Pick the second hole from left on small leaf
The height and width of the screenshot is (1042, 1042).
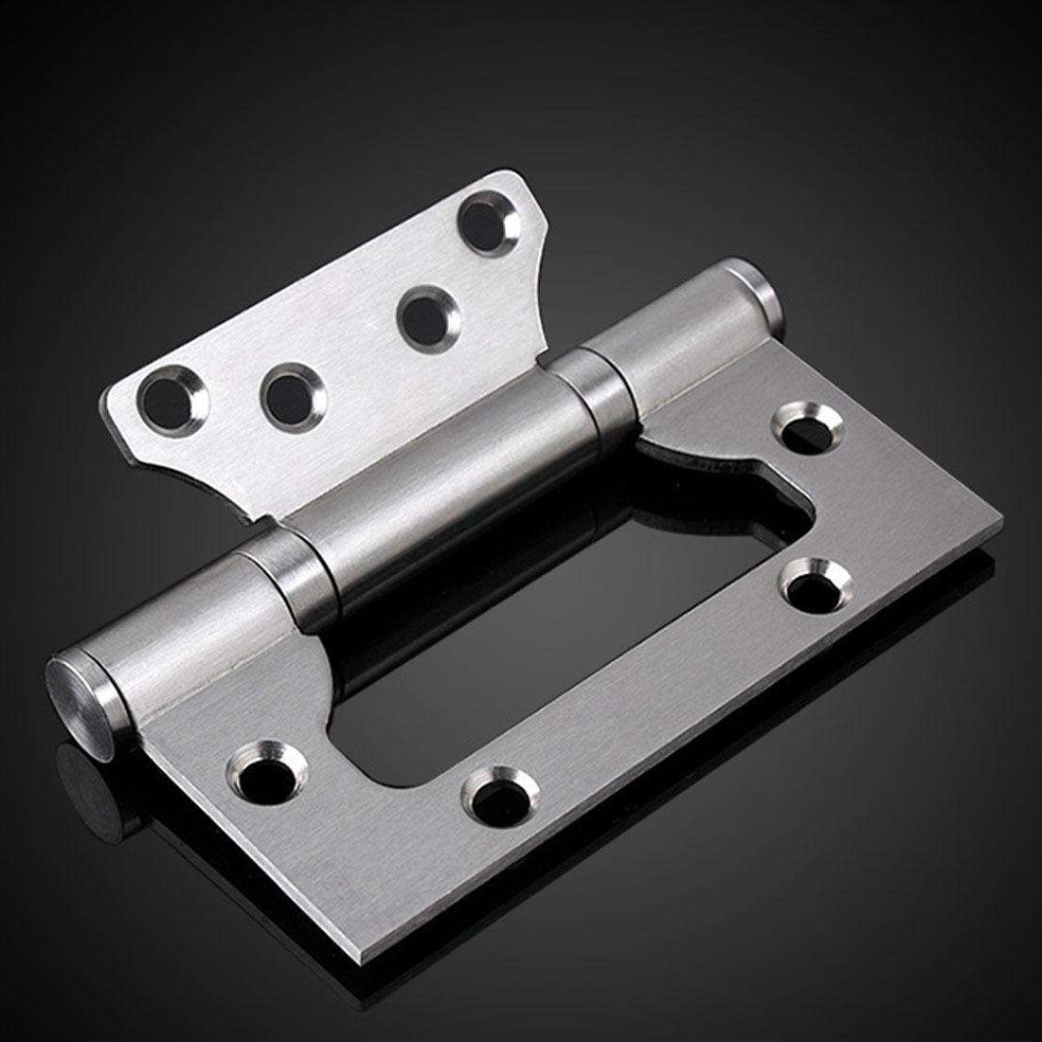click(287, 398)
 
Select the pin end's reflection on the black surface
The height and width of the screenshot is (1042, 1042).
click(81, 786)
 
